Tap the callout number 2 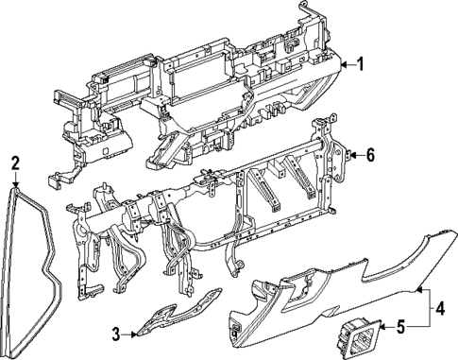15,163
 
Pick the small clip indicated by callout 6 347,152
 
